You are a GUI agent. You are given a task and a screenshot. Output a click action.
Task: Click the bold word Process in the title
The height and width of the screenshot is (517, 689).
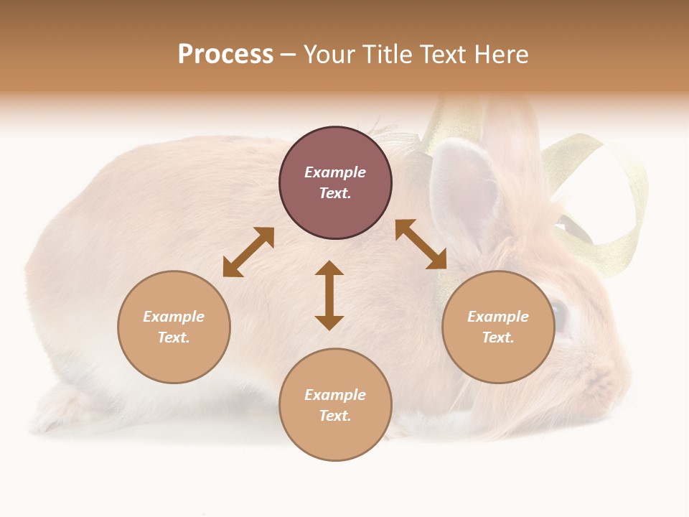click(225, 55)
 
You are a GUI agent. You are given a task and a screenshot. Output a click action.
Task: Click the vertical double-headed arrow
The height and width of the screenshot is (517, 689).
click(329, 295)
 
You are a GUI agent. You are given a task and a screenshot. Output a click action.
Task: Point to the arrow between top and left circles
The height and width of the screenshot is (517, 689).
click(248, 252)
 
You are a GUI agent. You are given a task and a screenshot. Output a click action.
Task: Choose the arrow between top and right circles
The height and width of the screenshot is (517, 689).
click(421, 244)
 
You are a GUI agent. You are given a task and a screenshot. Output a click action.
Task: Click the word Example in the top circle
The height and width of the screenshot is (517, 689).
click(335, 172)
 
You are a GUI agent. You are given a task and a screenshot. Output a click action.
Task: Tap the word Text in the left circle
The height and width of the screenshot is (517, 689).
click(174, 337)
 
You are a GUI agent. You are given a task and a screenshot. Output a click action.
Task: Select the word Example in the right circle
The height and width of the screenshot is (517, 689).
click(498, 317)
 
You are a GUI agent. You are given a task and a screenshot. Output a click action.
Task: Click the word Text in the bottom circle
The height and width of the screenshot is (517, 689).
click(335, 416)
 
